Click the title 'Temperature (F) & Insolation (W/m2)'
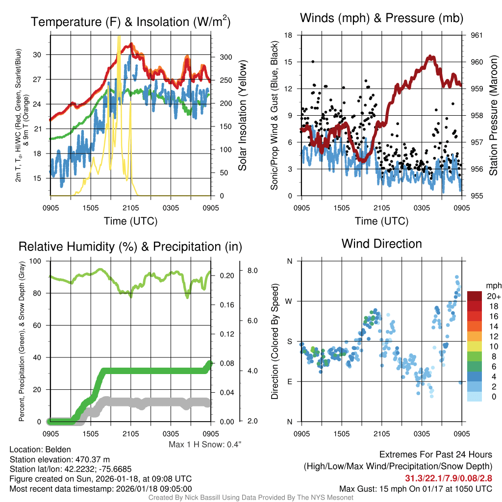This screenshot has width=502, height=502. click(x=130, y=22)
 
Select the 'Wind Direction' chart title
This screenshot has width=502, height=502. click(x=381, y=244)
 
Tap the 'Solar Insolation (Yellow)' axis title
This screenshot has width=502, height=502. click(x=242, y=116)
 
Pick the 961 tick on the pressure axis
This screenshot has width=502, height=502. click(x=477, y=35)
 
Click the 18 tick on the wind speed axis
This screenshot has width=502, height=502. click(x=289, y=35)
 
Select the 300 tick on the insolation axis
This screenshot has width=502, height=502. click(x=225, y=57)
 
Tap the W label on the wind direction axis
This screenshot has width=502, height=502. click(x=289, y=301)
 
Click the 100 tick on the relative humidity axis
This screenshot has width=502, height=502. click(x=37, y=261)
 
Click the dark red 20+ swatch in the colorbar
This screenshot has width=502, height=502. click(x=476, y=296)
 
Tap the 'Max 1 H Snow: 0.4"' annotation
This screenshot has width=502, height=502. click(x=205, y=445)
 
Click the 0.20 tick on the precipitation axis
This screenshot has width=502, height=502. click(x=225, y=276)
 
